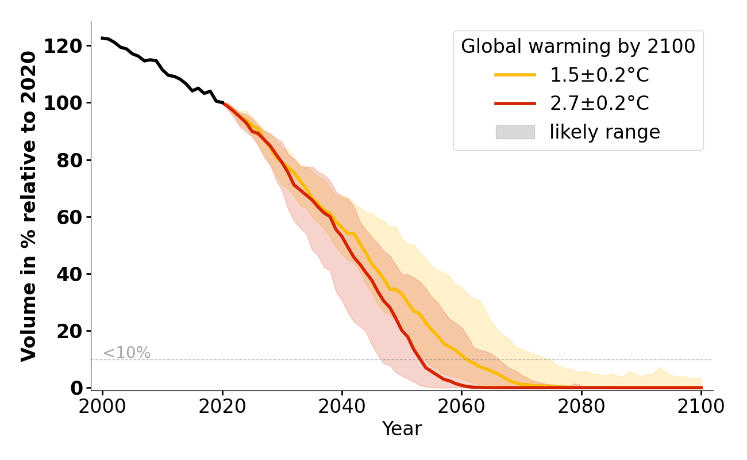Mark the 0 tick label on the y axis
click(77, 388)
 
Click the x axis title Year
click(402, 429)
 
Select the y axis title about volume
click(29, 206)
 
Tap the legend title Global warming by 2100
click(578, 47)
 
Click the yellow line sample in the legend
click(515, 75)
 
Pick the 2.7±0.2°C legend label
click(599, 103)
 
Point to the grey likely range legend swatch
click(515, 132)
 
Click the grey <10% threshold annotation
click(126, 353)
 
